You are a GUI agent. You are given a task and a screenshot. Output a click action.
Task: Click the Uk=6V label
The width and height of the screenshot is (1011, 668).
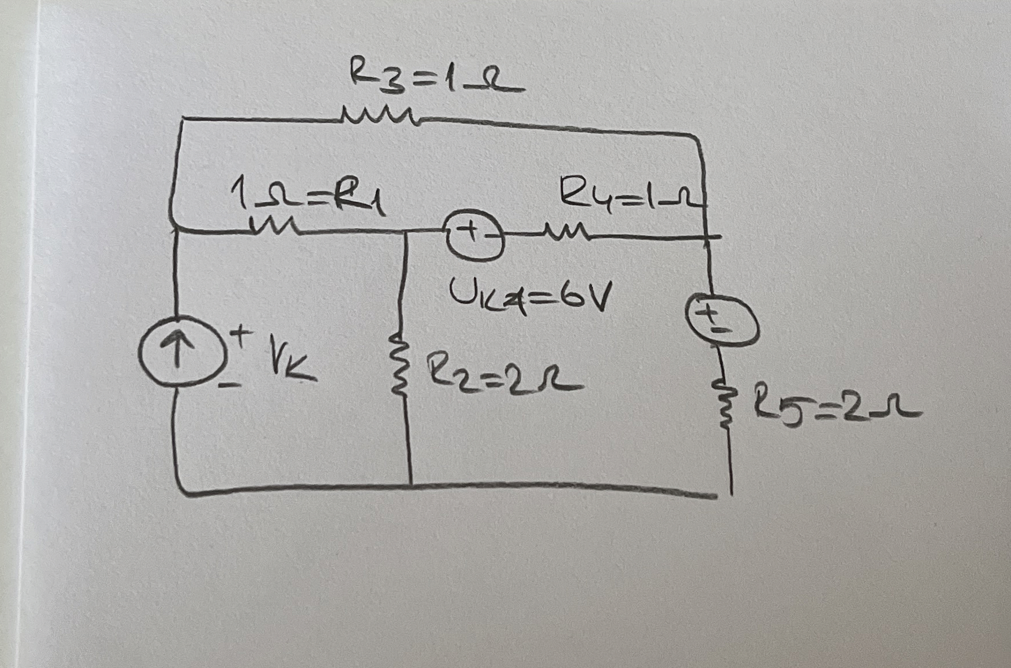(x=529, y=296)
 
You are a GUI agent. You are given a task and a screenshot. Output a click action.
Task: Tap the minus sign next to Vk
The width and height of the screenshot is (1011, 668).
(x=230, y=383)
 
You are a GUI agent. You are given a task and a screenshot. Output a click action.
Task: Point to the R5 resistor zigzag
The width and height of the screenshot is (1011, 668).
(x=725, y=406)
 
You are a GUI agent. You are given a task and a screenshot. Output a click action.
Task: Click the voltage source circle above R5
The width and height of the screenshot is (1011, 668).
(x=721, y=320)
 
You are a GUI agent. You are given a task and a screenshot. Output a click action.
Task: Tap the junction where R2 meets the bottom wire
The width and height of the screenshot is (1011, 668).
(x=410, y=485)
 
